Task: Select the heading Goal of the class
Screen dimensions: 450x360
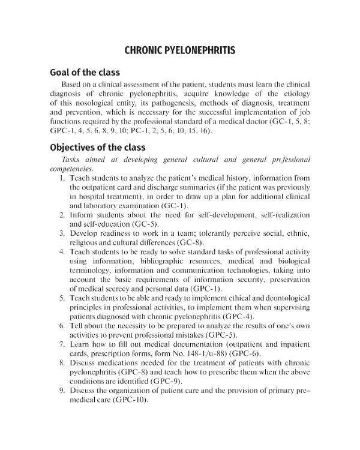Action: (x=85, y=73)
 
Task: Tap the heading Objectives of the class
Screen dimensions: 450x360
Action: (x=97, y=147)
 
